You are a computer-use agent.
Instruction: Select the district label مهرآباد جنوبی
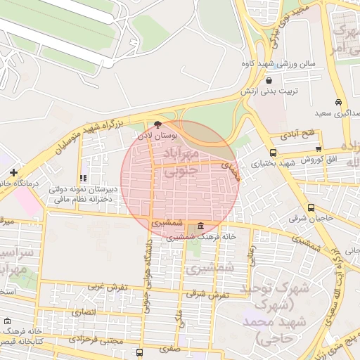tap(181, 162)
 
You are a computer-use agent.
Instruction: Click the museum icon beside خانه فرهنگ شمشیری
tap(202, 226)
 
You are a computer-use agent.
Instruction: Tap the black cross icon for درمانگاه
tap(13, 172)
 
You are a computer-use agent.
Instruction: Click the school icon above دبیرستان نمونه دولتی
tap(83, 179)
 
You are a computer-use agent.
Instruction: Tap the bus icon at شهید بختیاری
tap(273, 153)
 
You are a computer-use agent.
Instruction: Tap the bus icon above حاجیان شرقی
tap(311, 207)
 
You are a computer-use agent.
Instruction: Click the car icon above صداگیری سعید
tap(338, 103)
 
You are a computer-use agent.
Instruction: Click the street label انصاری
tap(82, 311)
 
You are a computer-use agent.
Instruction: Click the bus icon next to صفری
tap(140, 352)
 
